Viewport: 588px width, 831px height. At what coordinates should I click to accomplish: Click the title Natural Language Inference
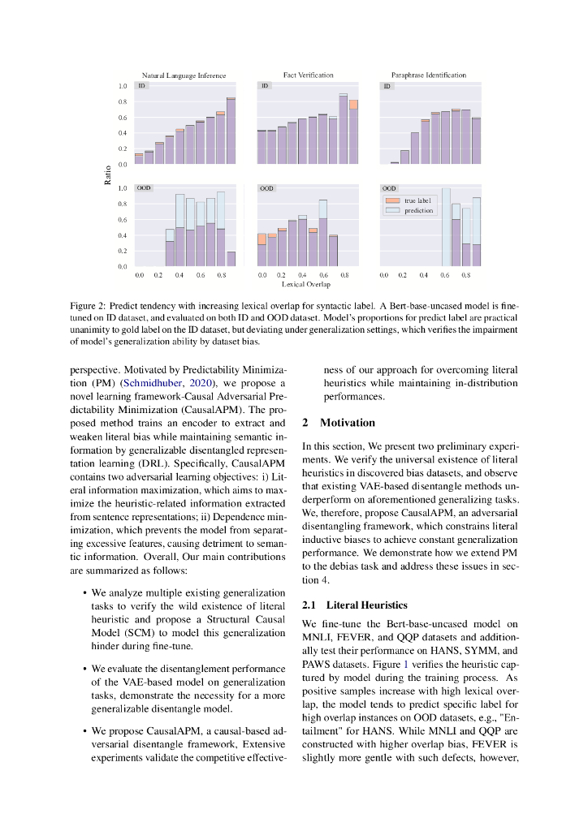184,75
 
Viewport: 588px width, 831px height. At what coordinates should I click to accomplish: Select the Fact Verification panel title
308,75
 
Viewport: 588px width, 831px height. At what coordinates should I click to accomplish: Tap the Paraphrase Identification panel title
429,75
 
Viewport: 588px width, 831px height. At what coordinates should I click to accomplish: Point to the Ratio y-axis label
108,174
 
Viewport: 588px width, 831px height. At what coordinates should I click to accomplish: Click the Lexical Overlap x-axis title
306,285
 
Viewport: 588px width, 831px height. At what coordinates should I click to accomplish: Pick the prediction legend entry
418,210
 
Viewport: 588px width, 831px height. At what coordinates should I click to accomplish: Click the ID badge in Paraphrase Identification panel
387,86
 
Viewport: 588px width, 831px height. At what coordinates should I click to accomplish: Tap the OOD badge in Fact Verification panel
266,188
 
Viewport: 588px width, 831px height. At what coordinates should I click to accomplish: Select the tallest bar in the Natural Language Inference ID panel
231,131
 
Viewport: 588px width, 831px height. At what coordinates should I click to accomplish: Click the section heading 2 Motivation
339,423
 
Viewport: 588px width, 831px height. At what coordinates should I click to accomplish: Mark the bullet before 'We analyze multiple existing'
85,594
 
